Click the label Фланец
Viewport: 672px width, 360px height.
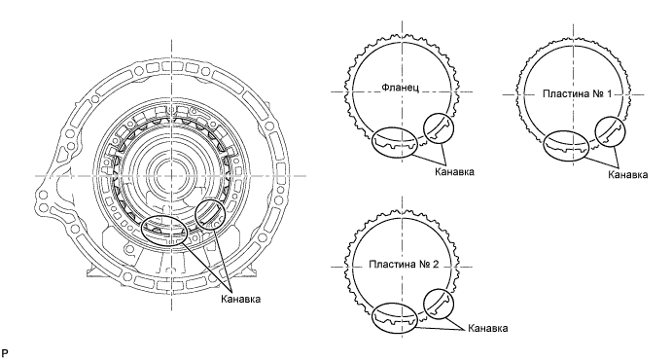(401, 88)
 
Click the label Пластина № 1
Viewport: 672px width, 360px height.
(578, 93)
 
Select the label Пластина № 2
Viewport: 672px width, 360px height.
(404, 264)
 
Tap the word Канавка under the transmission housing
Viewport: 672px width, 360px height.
(241, 299)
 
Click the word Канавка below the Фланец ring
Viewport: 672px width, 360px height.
(454, 172)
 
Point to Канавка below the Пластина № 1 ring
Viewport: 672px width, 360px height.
(628, 174)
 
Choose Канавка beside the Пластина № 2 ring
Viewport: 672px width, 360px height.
(488, 328)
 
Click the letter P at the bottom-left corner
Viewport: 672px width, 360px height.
(5, 353)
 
